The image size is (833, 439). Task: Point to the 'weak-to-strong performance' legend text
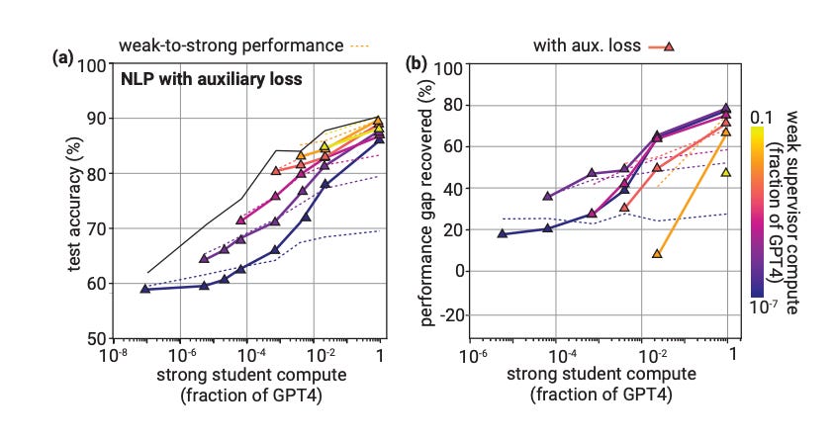(x=232, y=44)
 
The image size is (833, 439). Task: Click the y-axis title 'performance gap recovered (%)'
(x=428, y=202)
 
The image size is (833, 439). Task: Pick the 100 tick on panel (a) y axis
(x=96, y=65)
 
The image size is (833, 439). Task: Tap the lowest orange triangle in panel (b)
(x=657, y=254)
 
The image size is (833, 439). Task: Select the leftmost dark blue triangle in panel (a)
(x=145, y=289)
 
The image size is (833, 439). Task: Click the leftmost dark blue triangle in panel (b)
(x=503, y=233)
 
